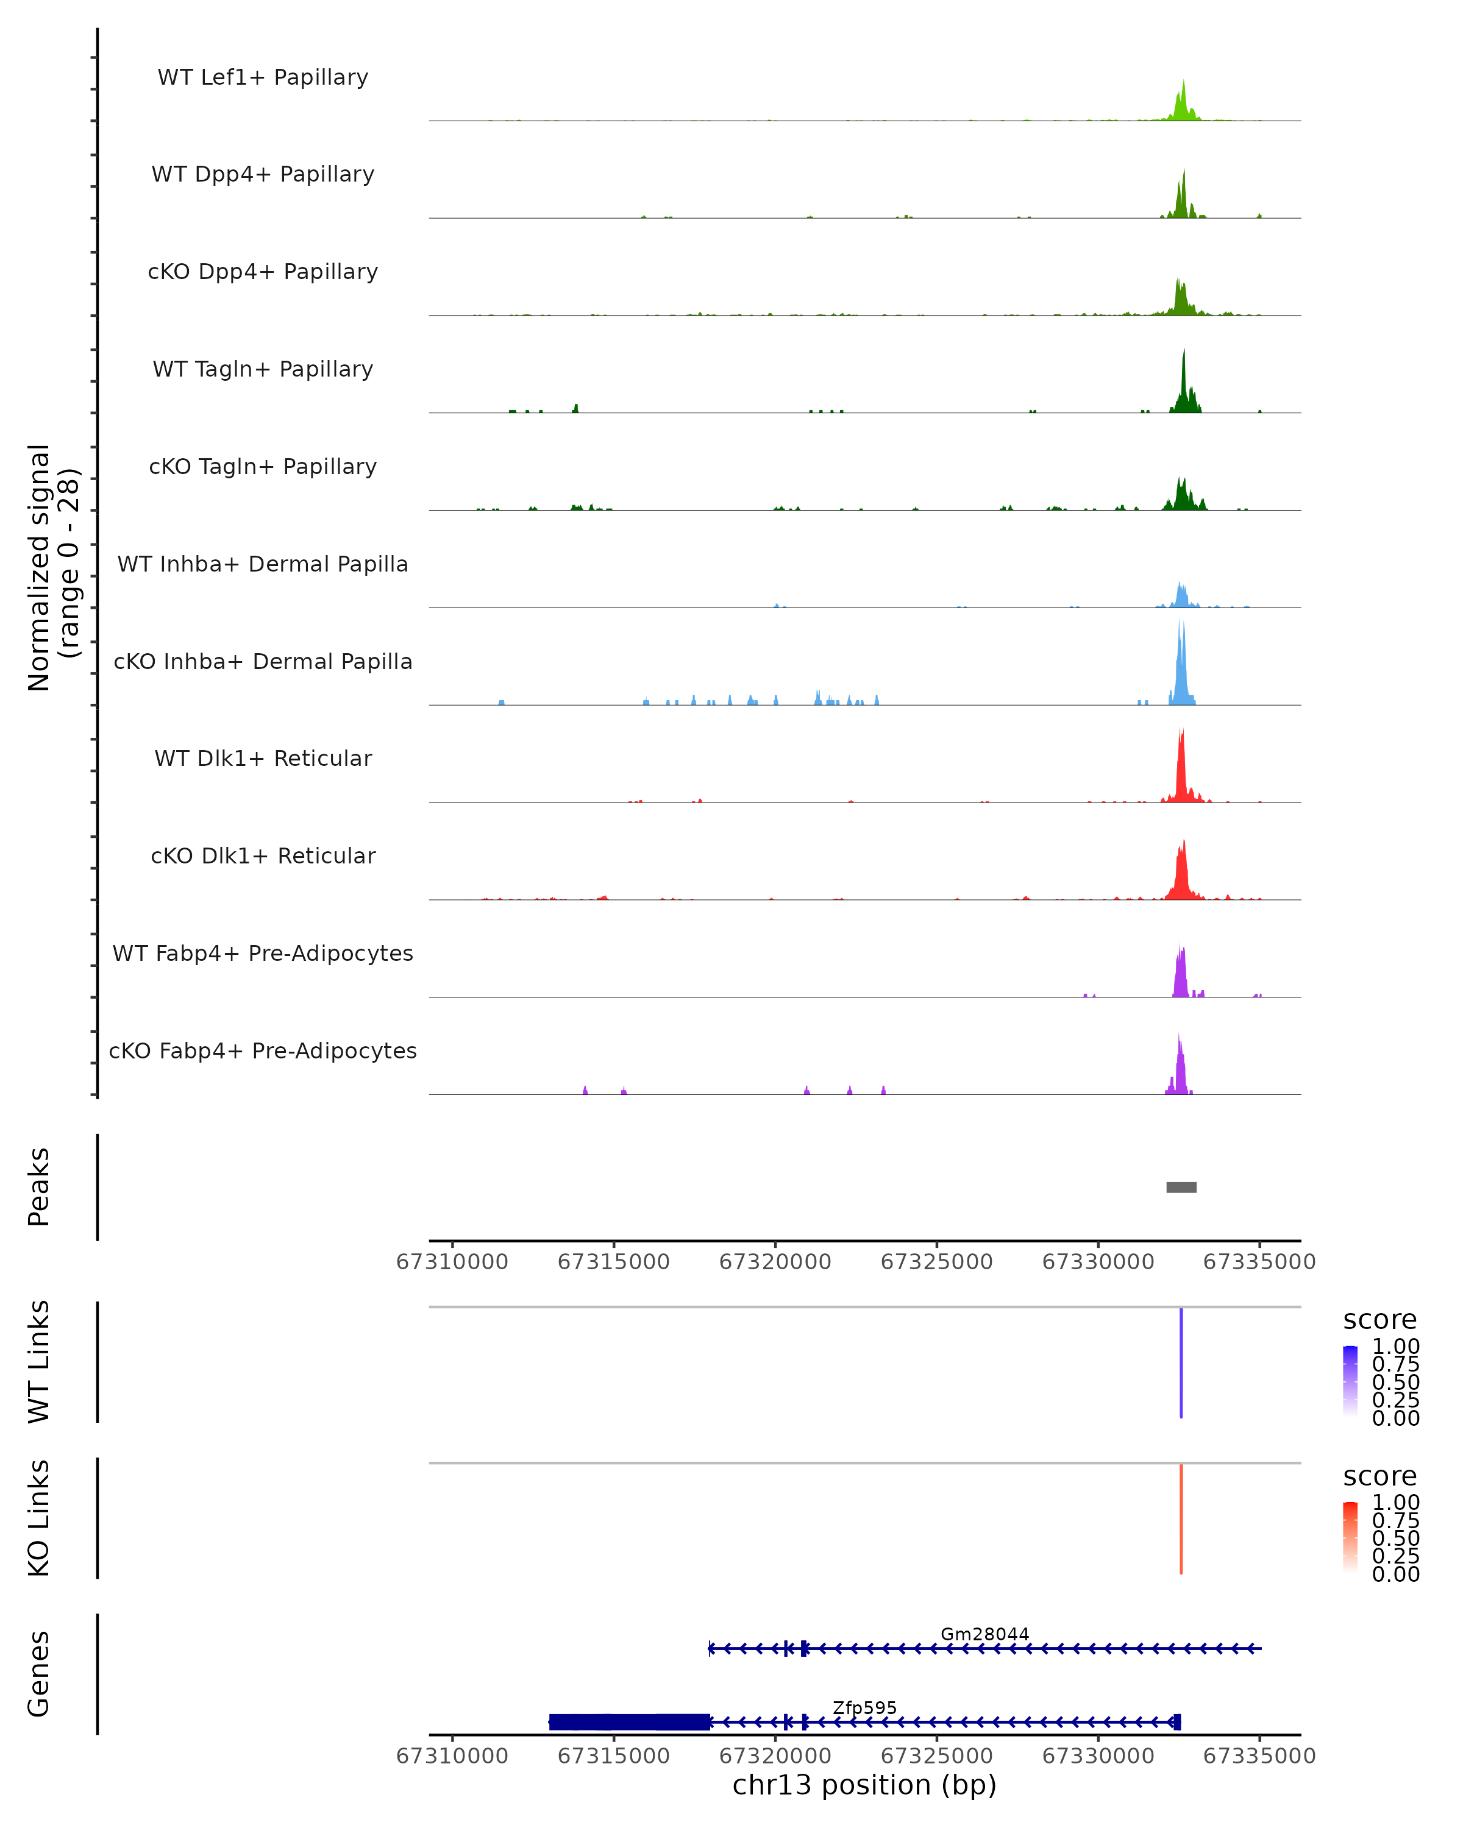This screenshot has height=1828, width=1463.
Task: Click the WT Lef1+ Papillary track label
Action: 263,77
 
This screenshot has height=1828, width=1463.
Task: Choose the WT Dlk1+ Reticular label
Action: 263,758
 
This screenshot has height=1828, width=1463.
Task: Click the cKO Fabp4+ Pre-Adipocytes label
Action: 263,1050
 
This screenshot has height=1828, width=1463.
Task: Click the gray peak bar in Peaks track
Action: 1181,1187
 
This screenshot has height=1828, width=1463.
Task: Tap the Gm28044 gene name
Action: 984,1634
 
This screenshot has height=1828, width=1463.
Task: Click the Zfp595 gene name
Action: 864,1707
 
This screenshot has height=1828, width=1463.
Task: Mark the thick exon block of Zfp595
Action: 629,1722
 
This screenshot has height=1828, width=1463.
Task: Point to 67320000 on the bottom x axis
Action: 775,1756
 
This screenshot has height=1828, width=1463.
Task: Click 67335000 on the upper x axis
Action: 1259,1262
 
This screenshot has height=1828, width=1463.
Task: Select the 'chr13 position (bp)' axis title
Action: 864,1785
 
